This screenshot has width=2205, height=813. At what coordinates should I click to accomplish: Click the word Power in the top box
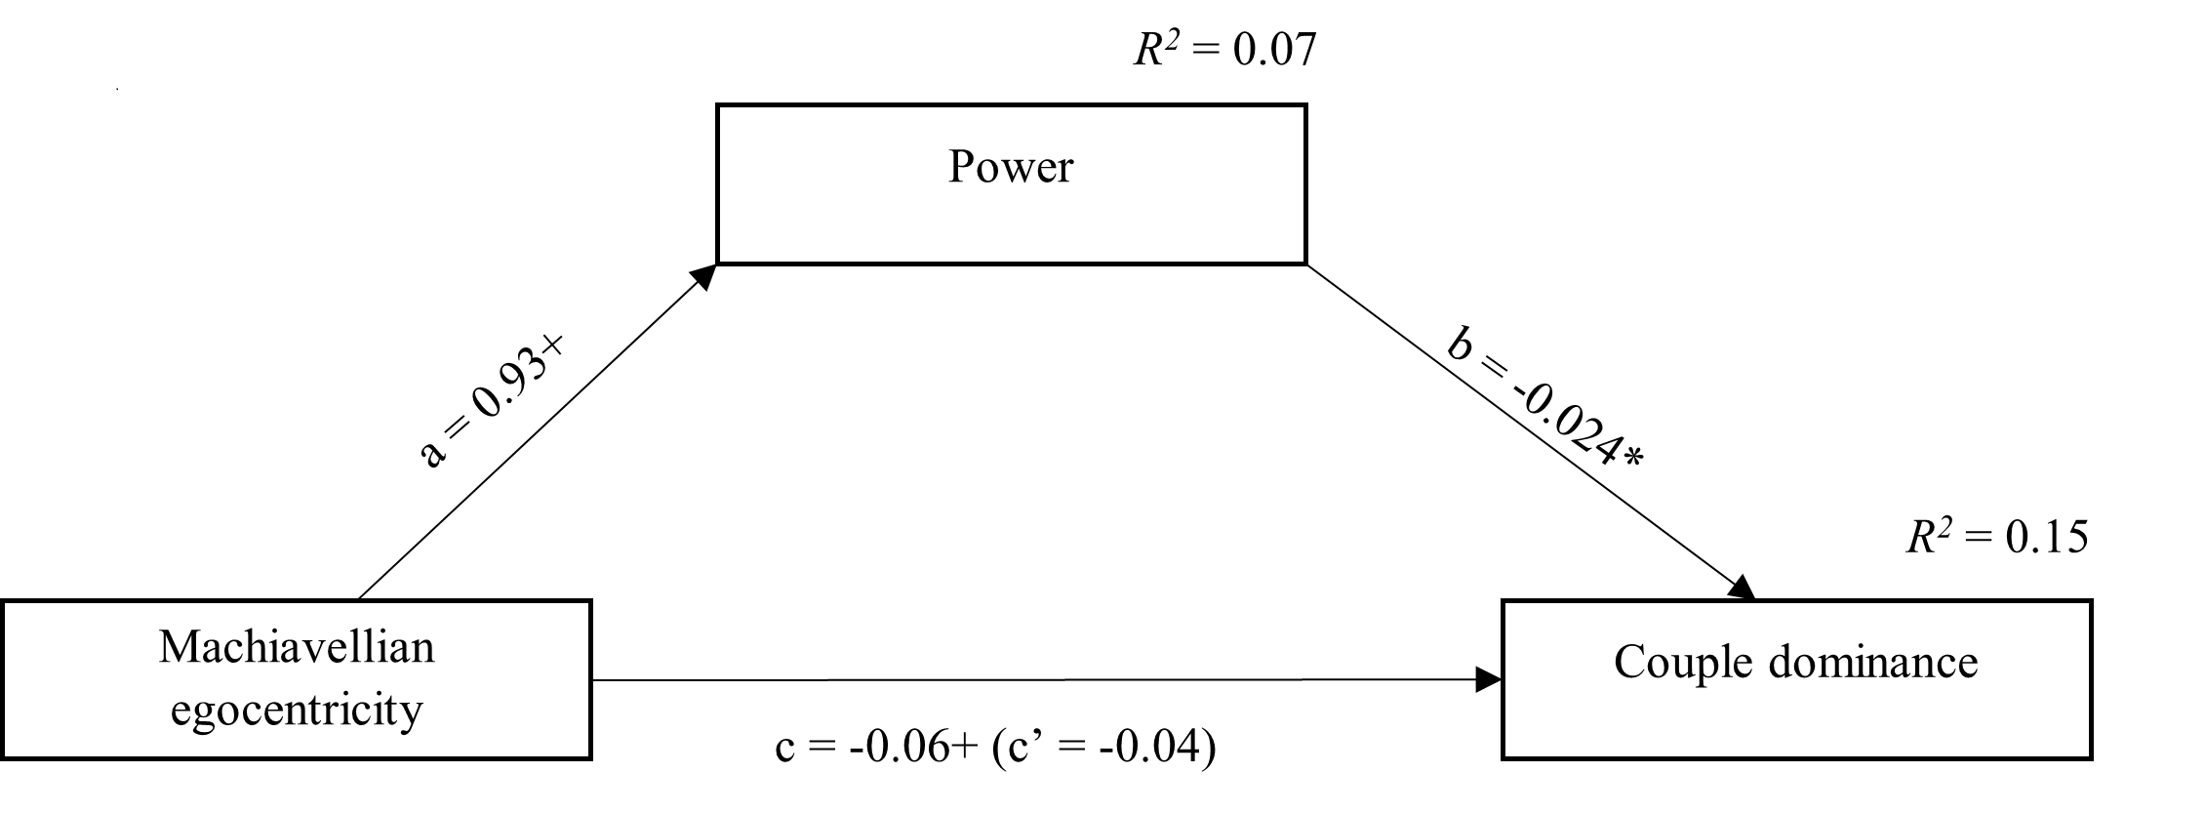(1011, 168)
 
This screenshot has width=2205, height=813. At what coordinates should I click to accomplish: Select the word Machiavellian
(297, 648)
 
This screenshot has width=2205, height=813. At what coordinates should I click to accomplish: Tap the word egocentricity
(297, 711)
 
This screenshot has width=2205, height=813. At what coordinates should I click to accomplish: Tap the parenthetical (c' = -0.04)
(1103, 748)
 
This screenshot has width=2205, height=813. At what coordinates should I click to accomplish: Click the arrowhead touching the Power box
(704, 275)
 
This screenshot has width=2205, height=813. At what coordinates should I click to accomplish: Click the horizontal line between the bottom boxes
(1034, 680)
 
